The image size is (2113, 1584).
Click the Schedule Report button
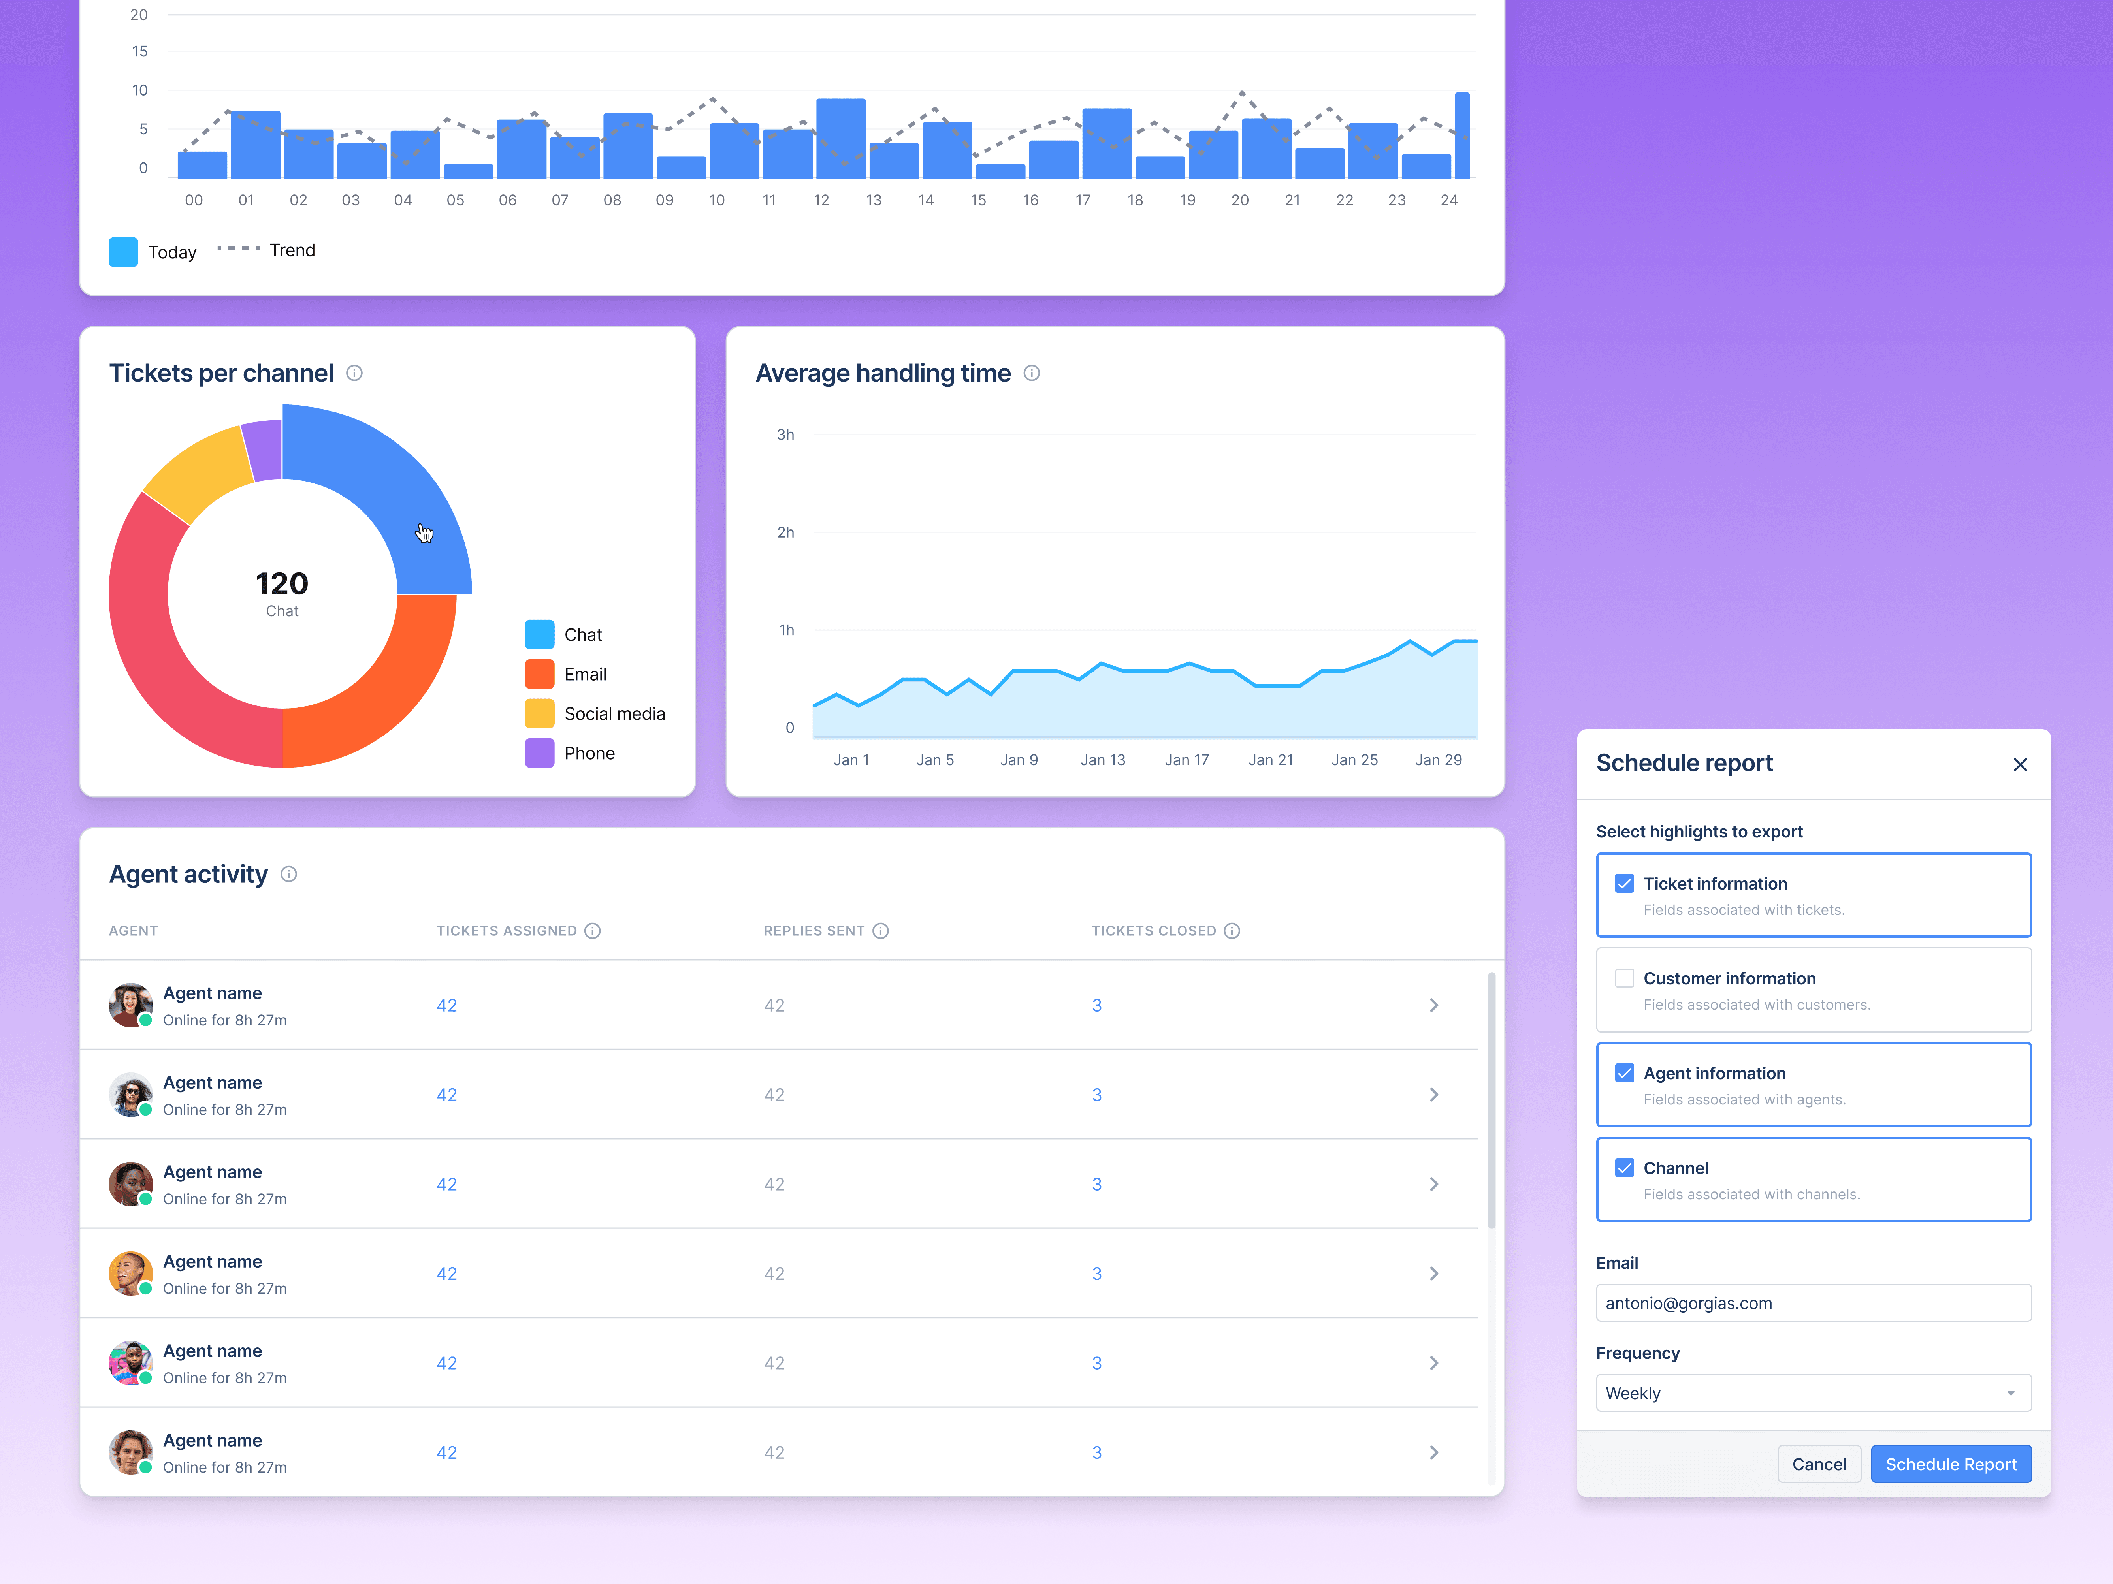1951,1464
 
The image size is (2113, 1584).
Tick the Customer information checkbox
1624,978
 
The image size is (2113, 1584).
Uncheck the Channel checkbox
1624,1168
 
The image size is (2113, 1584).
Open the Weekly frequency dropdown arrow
2011,1393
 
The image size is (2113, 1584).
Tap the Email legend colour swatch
540,674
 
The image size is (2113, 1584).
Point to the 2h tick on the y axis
785,532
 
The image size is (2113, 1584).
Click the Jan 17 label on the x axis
1186,760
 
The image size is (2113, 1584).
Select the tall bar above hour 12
841,138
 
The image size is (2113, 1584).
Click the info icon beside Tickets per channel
354,373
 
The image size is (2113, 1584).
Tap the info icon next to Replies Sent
881,931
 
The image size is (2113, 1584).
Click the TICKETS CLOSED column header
1154,931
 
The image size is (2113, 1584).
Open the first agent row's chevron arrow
1434,1005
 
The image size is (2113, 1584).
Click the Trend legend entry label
292,250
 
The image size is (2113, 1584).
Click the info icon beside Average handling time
1032,373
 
